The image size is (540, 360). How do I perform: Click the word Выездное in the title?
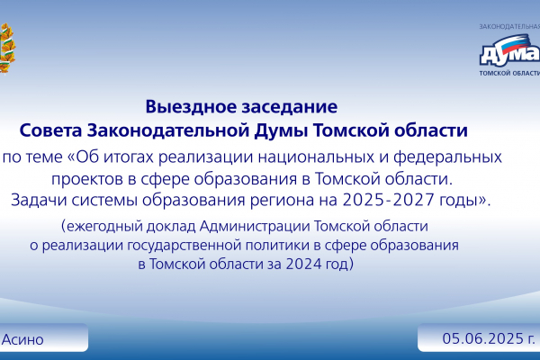(x=191, y=107)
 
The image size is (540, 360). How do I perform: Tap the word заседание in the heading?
(x=289, y=107)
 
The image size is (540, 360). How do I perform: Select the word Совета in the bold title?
(x=50, y=130)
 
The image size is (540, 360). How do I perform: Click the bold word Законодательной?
(x=168, y=130)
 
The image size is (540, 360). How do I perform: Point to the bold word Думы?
(x=282, y=131)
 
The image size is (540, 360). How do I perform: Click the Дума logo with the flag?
(x=509, y=50)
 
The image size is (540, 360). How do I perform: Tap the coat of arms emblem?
(x=7, y=49)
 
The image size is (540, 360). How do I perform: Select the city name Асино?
(x=22, y=339)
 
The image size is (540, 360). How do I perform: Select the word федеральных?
(x=447, y=157)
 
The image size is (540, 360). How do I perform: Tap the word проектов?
(x=87, y=179)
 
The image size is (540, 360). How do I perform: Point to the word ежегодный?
(x=104, y=227)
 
